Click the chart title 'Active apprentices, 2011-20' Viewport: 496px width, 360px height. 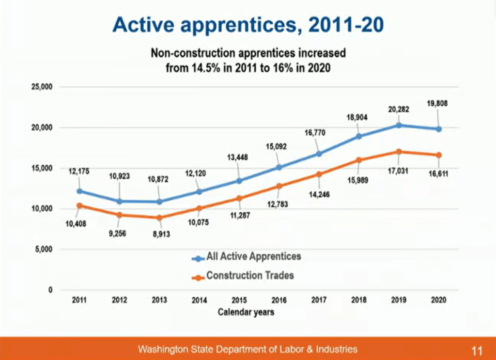[x=248, y=25]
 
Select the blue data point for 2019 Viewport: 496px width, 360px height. [x=398, y=125]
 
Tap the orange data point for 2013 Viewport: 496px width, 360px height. [x=159, y=218]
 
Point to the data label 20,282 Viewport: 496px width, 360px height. [x=399, y=110]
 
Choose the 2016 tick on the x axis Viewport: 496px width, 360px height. [x=279, y=300]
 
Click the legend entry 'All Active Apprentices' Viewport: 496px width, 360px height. [x=253, y=256]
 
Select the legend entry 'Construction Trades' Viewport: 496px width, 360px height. [x=250, y=276]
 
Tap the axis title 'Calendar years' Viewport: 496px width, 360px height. [x=246, y=312]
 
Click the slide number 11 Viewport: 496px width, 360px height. [x=477, y=350]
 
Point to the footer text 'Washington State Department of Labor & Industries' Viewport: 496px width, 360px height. [x=248, y=349]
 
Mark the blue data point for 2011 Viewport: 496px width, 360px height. [x=79, y=191]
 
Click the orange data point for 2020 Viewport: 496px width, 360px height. [x=438, y=155]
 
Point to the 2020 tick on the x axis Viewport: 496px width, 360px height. [x=438, y=300]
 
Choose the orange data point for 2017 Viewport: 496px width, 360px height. [x=319, y=174]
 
